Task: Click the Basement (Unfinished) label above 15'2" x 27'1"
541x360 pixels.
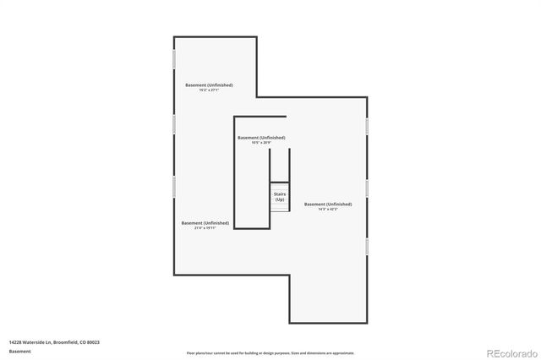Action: click(x=209, y=85)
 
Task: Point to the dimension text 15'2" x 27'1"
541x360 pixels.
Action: click(x=209, y=90)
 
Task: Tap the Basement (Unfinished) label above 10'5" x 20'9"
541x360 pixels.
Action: click(x=261, y=137)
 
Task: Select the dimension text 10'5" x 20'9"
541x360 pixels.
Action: click(x=261, y=143)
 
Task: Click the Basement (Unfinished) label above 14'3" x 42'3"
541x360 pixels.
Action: click(x=328, y=204)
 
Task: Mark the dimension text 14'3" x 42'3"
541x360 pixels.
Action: click(x=328, y=210)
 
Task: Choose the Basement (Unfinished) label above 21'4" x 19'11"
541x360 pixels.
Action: click(x=205, y=222)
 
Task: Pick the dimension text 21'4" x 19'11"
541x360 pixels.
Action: click(x=205, y=228)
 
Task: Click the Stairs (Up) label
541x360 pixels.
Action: click(x=279, y=196)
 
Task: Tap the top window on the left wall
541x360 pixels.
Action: click(x=174, y=59)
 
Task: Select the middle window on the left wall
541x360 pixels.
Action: click(x=174, y=123)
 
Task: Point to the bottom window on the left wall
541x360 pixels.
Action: click(x=174, y=187)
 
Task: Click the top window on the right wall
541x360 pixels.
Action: click(x=367, y=124)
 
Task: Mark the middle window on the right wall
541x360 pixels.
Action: click(x=367, y=187)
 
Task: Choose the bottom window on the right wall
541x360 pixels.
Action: click(x=367, y=245)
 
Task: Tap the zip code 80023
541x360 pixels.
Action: click(x=93, y=341)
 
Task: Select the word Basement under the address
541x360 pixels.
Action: click(x=19, y=350)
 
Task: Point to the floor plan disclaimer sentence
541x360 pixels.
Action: click(x=270, y=353)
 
